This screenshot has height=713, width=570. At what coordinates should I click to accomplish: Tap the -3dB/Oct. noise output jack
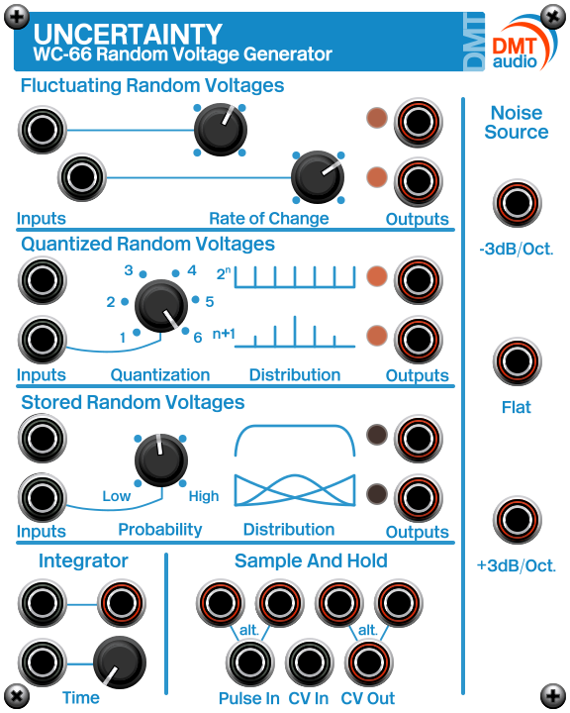516,205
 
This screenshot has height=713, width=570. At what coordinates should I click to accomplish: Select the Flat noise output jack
516,363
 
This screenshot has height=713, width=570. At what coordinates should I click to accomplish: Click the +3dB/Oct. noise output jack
516,522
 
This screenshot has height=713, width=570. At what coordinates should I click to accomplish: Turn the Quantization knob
160,304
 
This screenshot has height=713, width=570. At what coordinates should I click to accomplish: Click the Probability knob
159,458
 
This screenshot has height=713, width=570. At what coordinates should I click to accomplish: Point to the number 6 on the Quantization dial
198,337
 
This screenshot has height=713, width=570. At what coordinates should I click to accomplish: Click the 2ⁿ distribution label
223,272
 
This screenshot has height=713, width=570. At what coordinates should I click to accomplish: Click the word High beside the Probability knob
204,496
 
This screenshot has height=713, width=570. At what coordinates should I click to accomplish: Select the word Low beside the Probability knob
116,496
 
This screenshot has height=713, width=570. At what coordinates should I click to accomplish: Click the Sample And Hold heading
311,561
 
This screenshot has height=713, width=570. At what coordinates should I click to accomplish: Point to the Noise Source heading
516,122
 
